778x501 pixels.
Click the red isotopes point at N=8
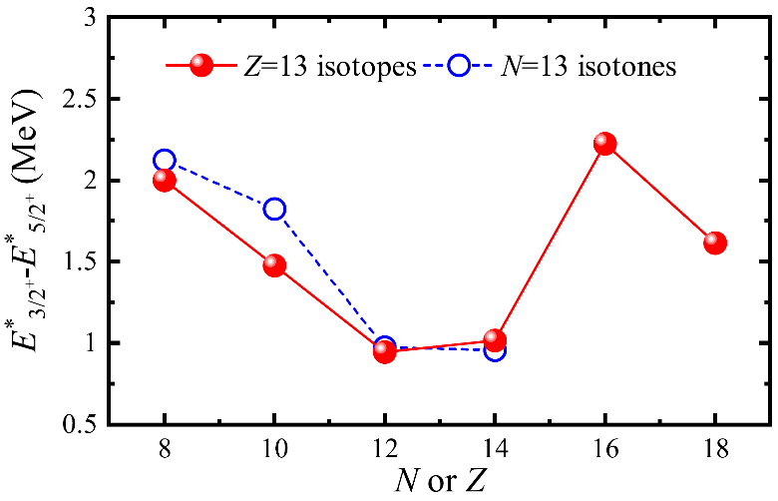pyautogui.click(x=165, y=181)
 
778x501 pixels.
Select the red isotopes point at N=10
pyautogui.click(x=274, y=265)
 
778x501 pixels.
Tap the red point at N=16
pyautogui.click(x=604, y=144)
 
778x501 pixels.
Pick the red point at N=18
pyautogui.click(x=714, y=243)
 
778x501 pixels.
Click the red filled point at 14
pyautogui.click(x=495, y=340)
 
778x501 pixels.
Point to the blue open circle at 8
pyautogui.click(x=165, y=160)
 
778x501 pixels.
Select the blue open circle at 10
pyautogui.click(x=274, y=209)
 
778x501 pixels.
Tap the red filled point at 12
pyautogui.click(x=384, y=351)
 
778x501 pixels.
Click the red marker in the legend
pyautogui.click(x=200, y=67)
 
